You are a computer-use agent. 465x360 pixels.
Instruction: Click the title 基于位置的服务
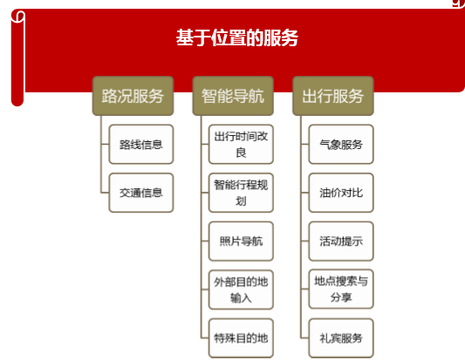tap(237, 37)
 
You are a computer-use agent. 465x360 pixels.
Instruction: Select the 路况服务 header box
tap(133, 96)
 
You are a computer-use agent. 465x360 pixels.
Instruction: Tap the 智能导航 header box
tap(233, 96)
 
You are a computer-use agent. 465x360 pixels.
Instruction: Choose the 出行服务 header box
tap(333, 96)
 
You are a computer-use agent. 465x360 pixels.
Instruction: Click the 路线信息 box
tap(141, 145)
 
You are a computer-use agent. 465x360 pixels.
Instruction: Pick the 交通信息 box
tap(141, 193)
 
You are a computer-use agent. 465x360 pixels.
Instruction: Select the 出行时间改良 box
tap(241, 145)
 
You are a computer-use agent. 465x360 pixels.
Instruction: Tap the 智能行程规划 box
tap(241, 193)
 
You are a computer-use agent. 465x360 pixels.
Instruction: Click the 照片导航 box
tap(241, 241)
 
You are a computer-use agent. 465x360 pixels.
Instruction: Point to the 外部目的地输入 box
tap(241, 289)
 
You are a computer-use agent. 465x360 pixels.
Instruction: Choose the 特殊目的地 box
tap(241, 338)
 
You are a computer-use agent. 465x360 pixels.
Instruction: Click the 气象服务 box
tap(341, 145)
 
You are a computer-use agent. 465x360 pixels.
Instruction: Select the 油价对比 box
tap(341, 193)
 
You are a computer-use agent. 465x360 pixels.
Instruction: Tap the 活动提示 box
tap(341, 241)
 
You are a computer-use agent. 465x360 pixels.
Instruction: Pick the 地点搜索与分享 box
tap(341, 289)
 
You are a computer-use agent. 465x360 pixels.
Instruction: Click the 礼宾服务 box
tap(341, 338)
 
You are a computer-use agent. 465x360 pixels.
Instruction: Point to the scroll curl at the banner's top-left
tap(18, 17)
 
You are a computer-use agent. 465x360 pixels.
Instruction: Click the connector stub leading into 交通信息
tap(105, 193)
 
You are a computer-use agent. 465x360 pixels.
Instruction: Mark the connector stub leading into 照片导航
tap(205, 241)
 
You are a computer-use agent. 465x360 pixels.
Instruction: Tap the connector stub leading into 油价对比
tap(304, 193)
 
